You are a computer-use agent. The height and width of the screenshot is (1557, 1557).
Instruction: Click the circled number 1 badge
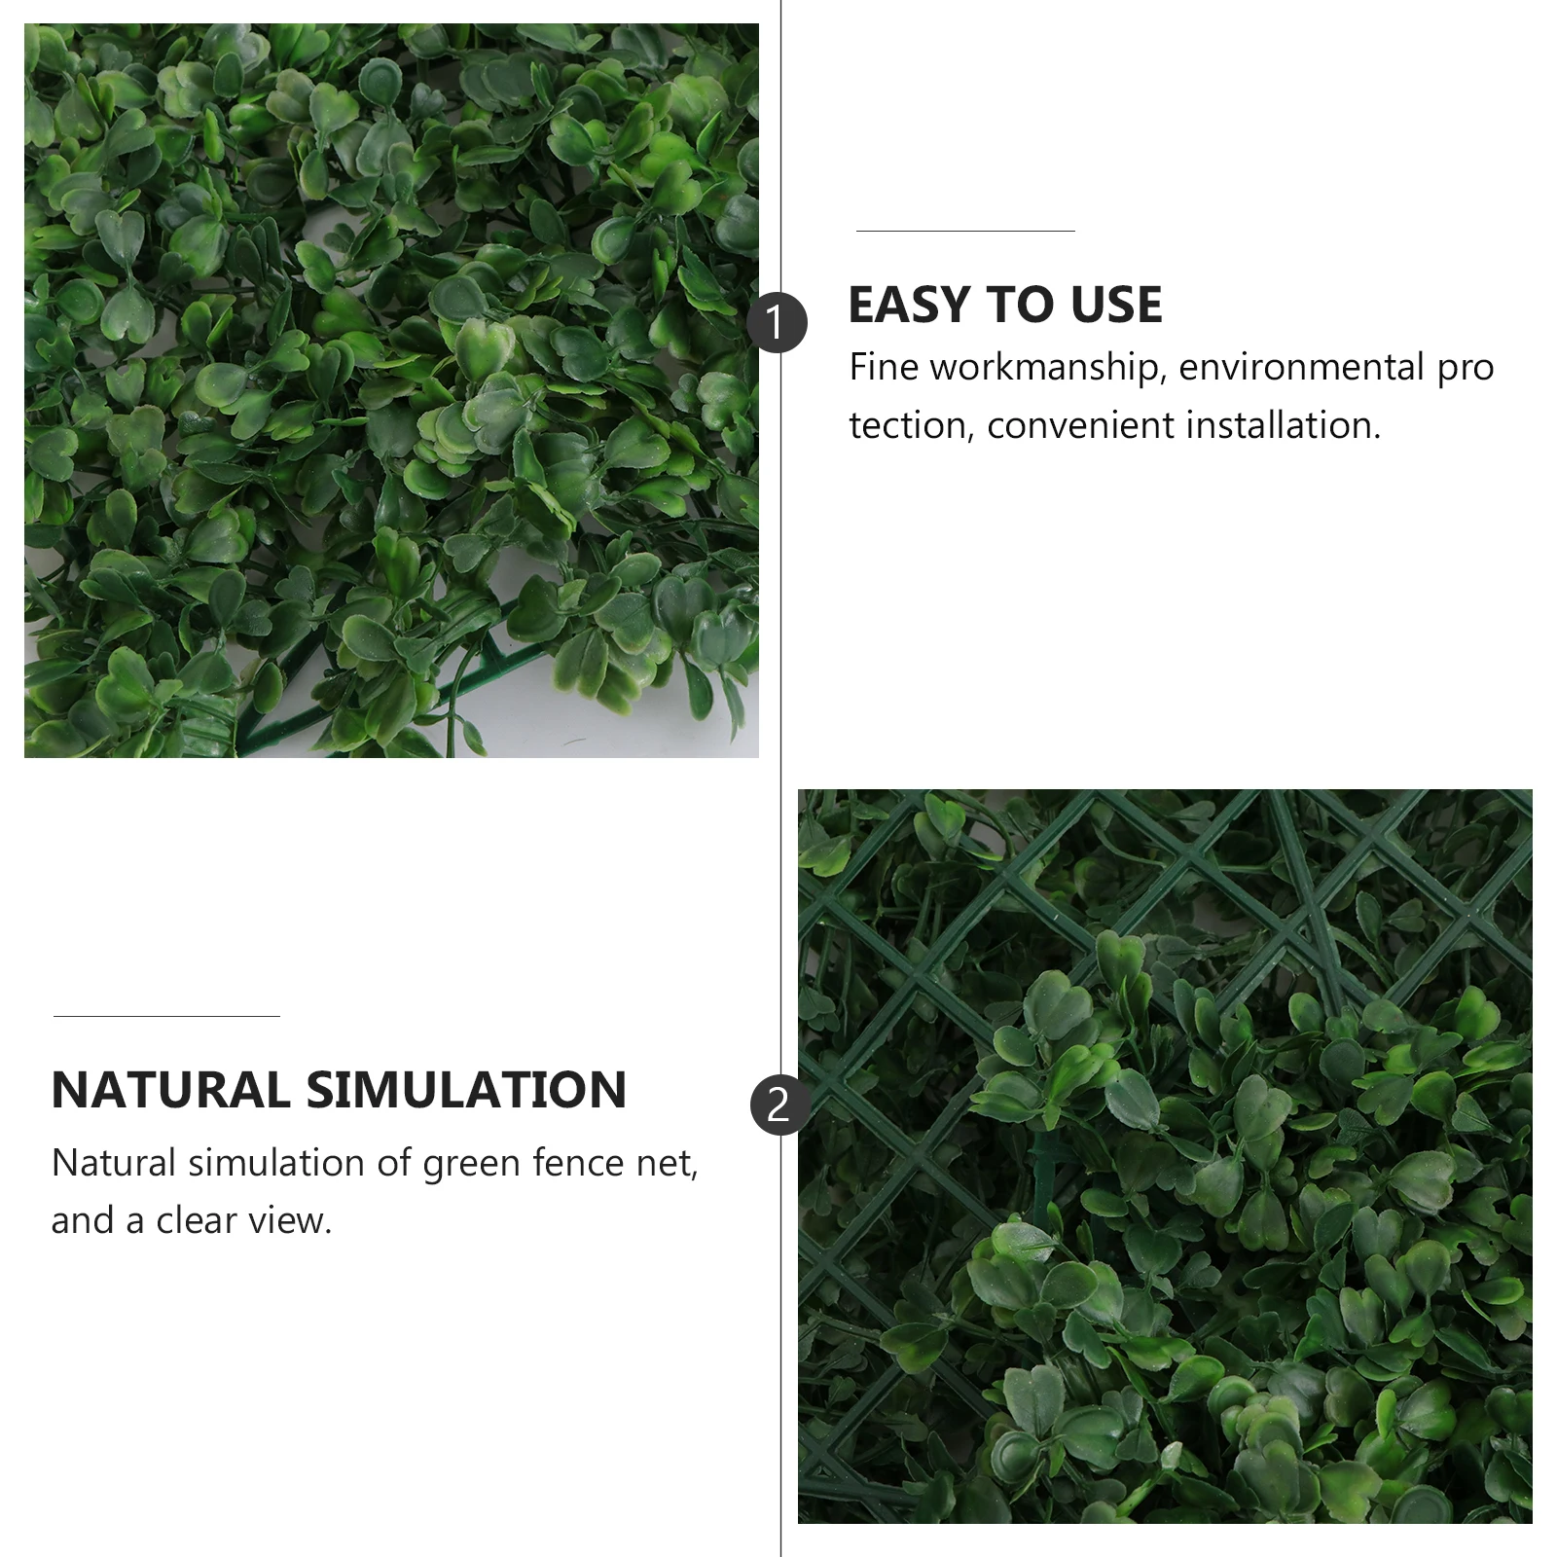coord(777,322)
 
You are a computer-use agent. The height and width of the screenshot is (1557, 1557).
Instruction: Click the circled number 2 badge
coord(778,1105)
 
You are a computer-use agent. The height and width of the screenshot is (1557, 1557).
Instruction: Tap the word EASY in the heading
coord(909,305)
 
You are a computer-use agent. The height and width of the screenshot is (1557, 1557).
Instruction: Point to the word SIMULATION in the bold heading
coord(466,1090)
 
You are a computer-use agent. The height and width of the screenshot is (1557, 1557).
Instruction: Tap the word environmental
coord(1301,367)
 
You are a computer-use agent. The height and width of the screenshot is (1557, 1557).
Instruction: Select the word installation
coord(1282,425)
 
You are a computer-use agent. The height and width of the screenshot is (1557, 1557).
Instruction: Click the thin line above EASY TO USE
coord(965,231)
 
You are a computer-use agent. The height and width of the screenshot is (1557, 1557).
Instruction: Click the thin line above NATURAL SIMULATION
coord(166,1016)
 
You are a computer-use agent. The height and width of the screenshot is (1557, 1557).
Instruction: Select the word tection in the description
coord(906,425)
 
